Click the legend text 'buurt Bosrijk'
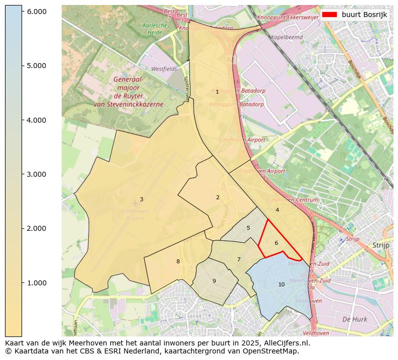coord(364,15)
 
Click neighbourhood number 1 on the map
coord(217,92)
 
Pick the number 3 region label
coord(141,200)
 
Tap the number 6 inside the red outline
coord(276,243)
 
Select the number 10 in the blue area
coord(281,285)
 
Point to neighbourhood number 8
coord(178,262)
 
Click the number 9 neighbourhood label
coord(214,281)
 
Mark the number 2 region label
coord(218,198)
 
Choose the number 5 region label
coord(248,228)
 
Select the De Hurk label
coord(354,319)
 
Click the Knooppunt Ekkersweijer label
coord(288,17)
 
